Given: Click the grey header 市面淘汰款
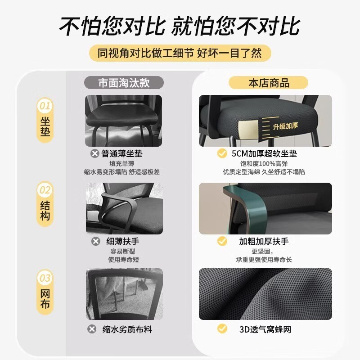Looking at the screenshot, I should (x=124, y=83).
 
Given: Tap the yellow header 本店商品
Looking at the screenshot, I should (x=269, y=83).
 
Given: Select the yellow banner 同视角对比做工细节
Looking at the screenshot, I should (x=180, y=53).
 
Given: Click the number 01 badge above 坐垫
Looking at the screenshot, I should (x=45, y=106).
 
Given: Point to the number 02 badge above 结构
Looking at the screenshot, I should (x=45, y=190).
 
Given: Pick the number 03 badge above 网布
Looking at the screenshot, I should (x=45, y=278).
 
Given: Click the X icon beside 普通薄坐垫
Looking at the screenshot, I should (x=95, y=154).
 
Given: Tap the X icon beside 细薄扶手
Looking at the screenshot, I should (x=96, y=242).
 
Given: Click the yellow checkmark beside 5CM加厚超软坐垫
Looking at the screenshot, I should (x=222, y=154).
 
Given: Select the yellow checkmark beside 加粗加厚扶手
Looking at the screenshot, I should (x=222, y=242).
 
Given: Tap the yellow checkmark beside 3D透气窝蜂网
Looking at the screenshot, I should (x=222, y=329).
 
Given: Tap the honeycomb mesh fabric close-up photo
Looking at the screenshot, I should (x=265, y=293).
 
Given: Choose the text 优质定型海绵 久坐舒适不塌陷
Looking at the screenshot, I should (x=264, y=172).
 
